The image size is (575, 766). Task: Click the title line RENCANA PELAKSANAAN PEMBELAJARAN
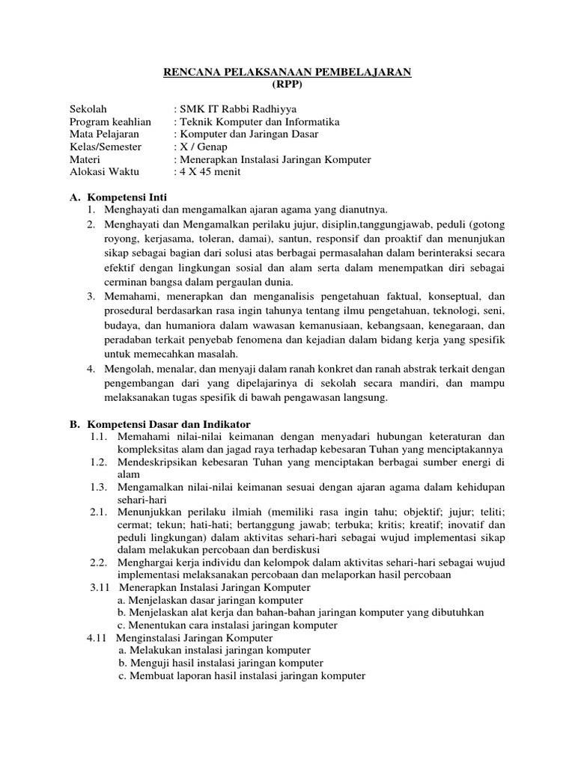[287, 72]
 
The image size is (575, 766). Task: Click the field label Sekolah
[88, 108]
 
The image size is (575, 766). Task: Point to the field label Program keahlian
[110, 121]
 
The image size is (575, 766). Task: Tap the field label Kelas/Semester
[106, 147]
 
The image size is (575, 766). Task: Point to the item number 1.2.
[100, 462]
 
